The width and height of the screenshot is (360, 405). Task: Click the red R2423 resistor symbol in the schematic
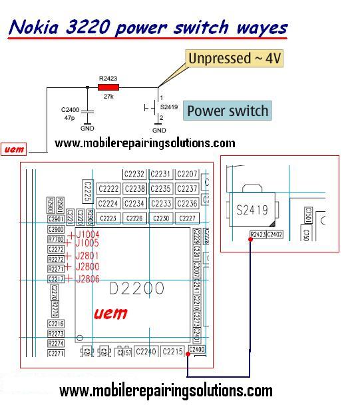point(108,87)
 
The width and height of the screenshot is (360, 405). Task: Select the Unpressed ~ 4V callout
point(235,59)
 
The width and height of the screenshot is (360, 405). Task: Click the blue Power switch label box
point(228,111)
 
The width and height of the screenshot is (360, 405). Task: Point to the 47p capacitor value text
point(69,117)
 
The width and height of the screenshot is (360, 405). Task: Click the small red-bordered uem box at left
point(14,149)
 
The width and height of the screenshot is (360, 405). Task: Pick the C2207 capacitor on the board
point(188,174)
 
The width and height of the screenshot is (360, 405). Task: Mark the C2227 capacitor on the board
point(188,218)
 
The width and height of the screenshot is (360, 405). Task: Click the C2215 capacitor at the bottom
point(172,351)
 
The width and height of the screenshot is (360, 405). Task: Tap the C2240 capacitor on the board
point(145,351)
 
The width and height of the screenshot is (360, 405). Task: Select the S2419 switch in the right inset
point(252,210)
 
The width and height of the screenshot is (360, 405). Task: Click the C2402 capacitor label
point(275,234)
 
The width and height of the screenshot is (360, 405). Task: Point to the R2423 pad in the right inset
point(258,234)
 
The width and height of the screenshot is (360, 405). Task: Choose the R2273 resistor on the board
point(57,334)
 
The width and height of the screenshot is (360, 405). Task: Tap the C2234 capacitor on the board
point(134,203)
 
